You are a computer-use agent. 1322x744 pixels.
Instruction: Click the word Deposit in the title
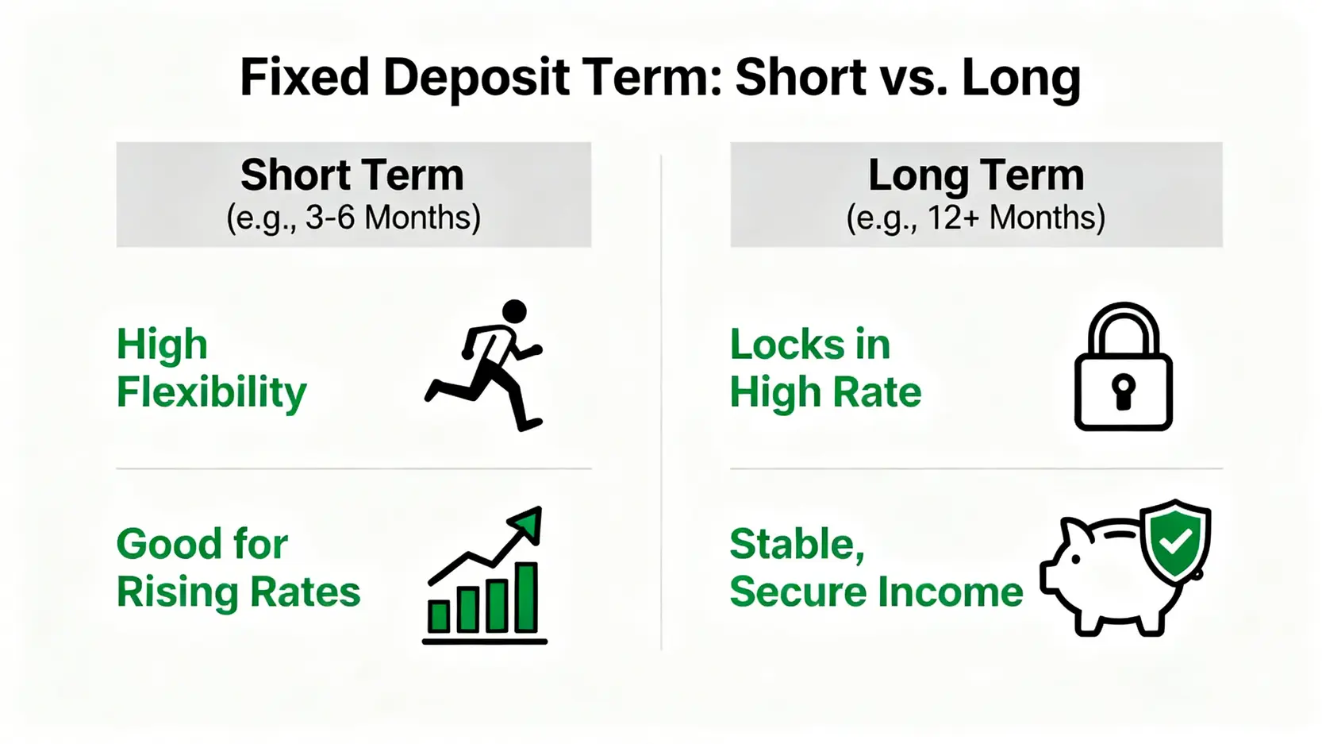point(476,78)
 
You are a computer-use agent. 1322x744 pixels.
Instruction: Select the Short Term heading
point(352,175)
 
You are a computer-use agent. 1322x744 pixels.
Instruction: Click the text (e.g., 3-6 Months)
point(354,218)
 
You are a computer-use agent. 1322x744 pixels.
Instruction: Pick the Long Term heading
point(976,175)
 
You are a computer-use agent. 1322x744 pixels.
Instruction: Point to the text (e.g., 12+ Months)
point(975,218)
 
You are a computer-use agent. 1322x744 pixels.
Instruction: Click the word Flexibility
point(212,391)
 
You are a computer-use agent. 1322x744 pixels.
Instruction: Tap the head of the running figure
point(514,311)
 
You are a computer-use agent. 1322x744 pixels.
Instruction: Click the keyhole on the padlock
point(1123,391)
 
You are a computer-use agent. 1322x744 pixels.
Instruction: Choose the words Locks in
point(809,344)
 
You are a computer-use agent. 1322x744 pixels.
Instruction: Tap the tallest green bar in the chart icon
point(526,597)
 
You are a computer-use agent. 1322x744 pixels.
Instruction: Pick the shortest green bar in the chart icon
point(439,616)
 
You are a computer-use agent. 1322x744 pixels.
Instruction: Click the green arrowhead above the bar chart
point(526,522)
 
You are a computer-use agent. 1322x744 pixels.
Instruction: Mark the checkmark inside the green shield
point(1175,540)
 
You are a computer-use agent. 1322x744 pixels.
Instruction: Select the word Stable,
point(797,545)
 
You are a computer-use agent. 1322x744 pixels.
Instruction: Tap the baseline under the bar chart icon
point(485,642)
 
